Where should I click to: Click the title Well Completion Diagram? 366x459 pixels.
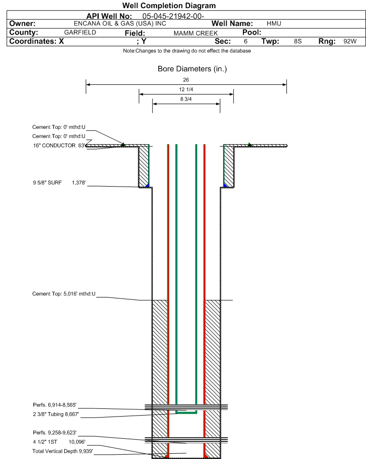pyautogui.click(x=169, y=6)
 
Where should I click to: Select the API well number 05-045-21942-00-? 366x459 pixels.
pyautogui.click(x=173, y=16)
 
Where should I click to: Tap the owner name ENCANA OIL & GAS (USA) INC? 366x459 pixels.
pyautogui.click(x=120, y=24)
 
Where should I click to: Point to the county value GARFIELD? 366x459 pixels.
pyautogui.click(x=80, y=32)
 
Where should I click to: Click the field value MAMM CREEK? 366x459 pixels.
pyautogui.click(x=196, y=33)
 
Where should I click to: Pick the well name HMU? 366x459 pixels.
pyautogui.click(x=274, y=24)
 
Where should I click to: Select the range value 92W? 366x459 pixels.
pyautogui.click(x=350, y=41)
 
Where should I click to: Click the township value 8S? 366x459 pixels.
pyautogui.click(x=298, y=41)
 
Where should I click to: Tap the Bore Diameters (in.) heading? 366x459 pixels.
pyautogui.click(x=192, y=69)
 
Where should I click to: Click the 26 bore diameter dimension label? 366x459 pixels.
pyautogui.click(x=186, y=80)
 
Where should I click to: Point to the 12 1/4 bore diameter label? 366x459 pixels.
pyautogui.click(x=186, y=89)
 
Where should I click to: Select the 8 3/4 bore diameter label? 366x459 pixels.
pyautogui.click(x=186, y=99)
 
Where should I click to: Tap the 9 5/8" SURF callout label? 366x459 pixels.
pyautogui.click(x=47, y=183)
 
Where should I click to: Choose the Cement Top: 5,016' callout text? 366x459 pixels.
pyautogui.click(x=64, y=294)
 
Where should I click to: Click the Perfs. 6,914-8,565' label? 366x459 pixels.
pyautogui.click(x=54, y=405)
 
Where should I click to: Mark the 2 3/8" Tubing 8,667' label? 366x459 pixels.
pyautogui.click(x=55, y=414)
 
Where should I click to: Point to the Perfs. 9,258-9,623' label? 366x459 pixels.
pyautogui.click(x=54, y=432)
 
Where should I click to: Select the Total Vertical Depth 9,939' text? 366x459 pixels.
pyautogui.click(x=63, y=451)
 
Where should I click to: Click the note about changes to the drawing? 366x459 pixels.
pyautogui.click(x=187, y=51)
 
